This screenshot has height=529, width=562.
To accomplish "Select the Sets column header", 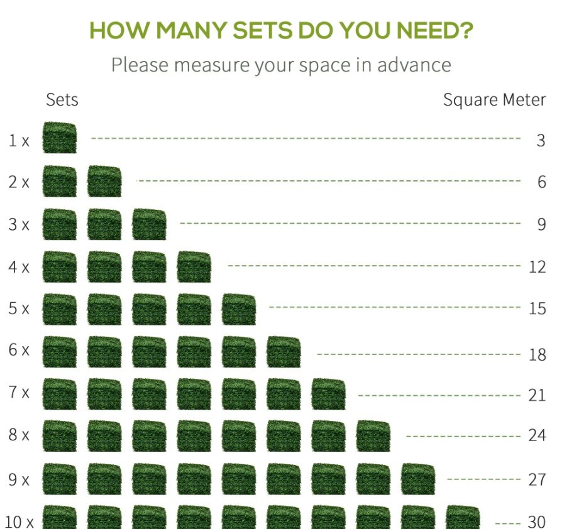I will pos(62,100).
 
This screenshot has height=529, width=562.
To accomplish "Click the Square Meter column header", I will pos(494,100).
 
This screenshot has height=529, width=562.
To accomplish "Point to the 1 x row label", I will pos(18,140).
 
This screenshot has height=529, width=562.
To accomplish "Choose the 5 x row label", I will pos(18,308).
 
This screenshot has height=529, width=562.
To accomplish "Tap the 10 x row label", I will pos(19,521).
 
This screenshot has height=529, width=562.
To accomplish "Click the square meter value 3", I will pos(541,140).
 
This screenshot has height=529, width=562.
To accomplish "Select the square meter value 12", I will pos(537,267).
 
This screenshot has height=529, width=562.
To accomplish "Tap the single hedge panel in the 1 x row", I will pos(60,138).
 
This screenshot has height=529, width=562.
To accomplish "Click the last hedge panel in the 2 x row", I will pos(104,181).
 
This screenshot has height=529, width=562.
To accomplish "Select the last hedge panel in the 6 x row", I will pos(284,352).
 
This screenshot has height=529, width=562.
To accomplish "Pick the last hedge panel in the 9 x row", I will pos(418,479).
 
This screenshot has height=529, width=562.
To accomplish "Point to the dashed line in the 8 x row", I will pos(463,436).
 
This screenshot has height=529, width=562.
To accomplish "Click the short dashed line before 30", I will pos(509,522).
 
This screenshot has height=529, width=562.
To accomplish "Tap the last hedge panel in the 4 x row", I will pos(194,267).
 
